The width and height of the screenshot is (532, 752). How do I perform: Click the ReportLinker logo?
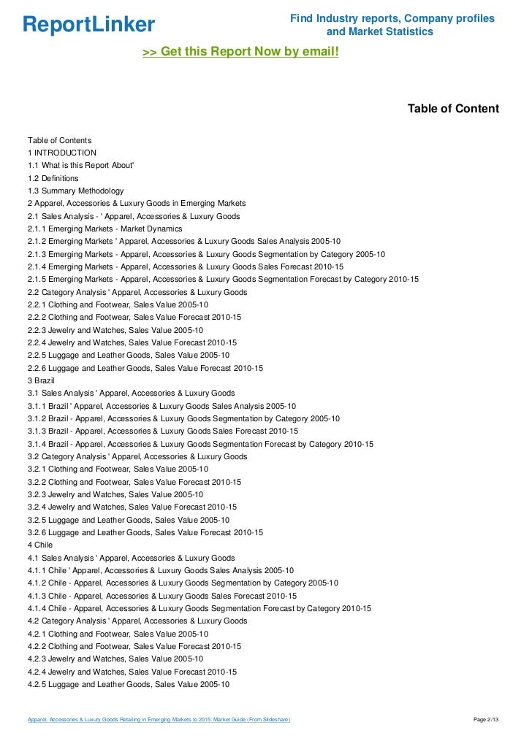pos(88,25)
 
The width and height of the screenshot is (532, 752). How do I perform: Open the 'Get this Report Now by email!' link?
pos(240,53)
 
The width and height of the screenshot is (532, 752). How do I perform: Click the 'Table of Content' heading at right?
pos(453,109)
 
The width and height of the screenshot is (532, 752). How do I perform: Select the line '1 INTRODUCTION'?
pos(62,153)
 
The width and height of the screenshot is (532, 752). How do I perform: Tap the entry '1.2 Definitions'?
pos(53,178)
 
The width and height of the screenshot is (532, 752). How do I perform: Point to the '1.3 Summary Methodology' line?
pos(75,191)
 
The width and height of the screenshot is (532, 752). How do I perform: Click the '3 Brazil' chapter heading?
pos(42,380)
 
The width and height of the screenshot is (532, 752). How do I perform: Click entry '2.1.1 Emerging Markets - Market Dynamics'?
pos(105,229)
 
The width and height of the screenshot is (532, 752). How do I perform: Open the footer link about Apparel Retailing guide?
pos(159,721)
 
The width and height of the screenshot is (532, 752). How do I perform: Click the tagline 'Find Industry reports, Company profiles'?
pos(392,18)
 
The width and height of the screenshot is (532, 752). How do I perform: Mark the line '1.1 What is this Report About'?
pos(80,165)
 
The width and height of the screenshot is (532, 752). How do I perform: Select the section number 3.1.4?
pos(38,444)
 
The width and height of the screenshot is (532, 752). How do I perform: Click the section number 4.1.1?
pos(38,570)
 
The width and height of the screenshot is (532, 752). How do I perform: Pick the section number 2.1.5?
pos(38,279)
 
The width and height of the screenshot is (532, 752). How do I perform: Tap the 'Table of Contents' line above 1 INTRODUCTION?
pos(59,140)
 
